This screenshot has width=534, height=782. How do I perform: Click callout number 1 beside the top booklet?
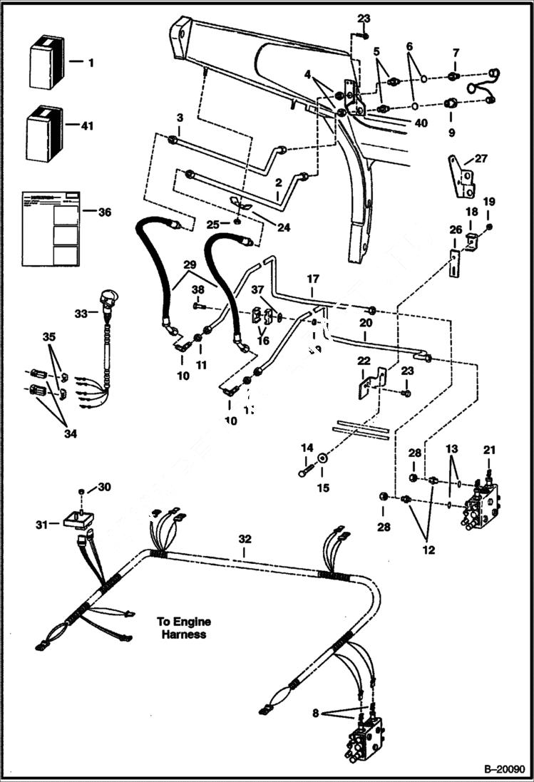pyautogui.click(x=91, y=63)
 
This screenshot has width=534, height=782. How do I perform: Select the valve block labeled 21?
pyautogui.click(x=482, y=506)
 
